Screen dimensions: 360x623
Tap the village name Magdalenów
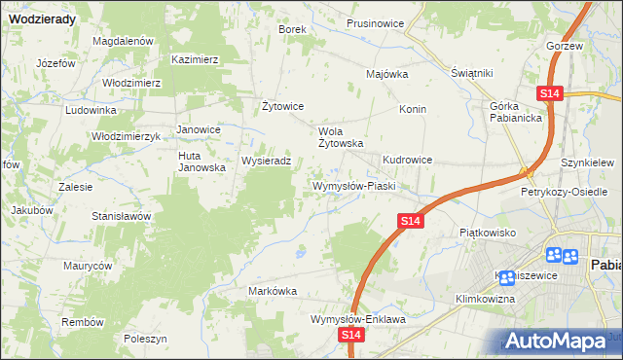pyautogui.click(x=124, y=41)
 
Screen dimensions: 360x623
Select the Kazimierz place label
pyautogui.click(x=195, y=59)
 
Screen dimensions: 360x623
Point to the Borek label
pyautogui.click(x=293, y=29)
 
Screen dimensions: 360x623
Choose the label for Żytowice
pyautogui.click(x=284, y=106)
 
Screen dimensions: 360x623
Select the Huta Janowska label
pyautogui.click(x=202, y=161)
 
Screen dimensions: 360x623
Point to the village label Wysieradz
pyautogui.click(x=267, y=161)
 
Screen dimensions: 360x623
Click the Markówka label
pyautogui.click(x=273, y=291)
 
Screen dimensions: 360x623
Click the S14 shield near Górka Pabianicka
pyautogui.click(x=550, y=93)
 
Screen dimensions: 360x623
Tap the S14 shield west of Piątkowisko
pyautogui.click(x=411, y=223)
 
